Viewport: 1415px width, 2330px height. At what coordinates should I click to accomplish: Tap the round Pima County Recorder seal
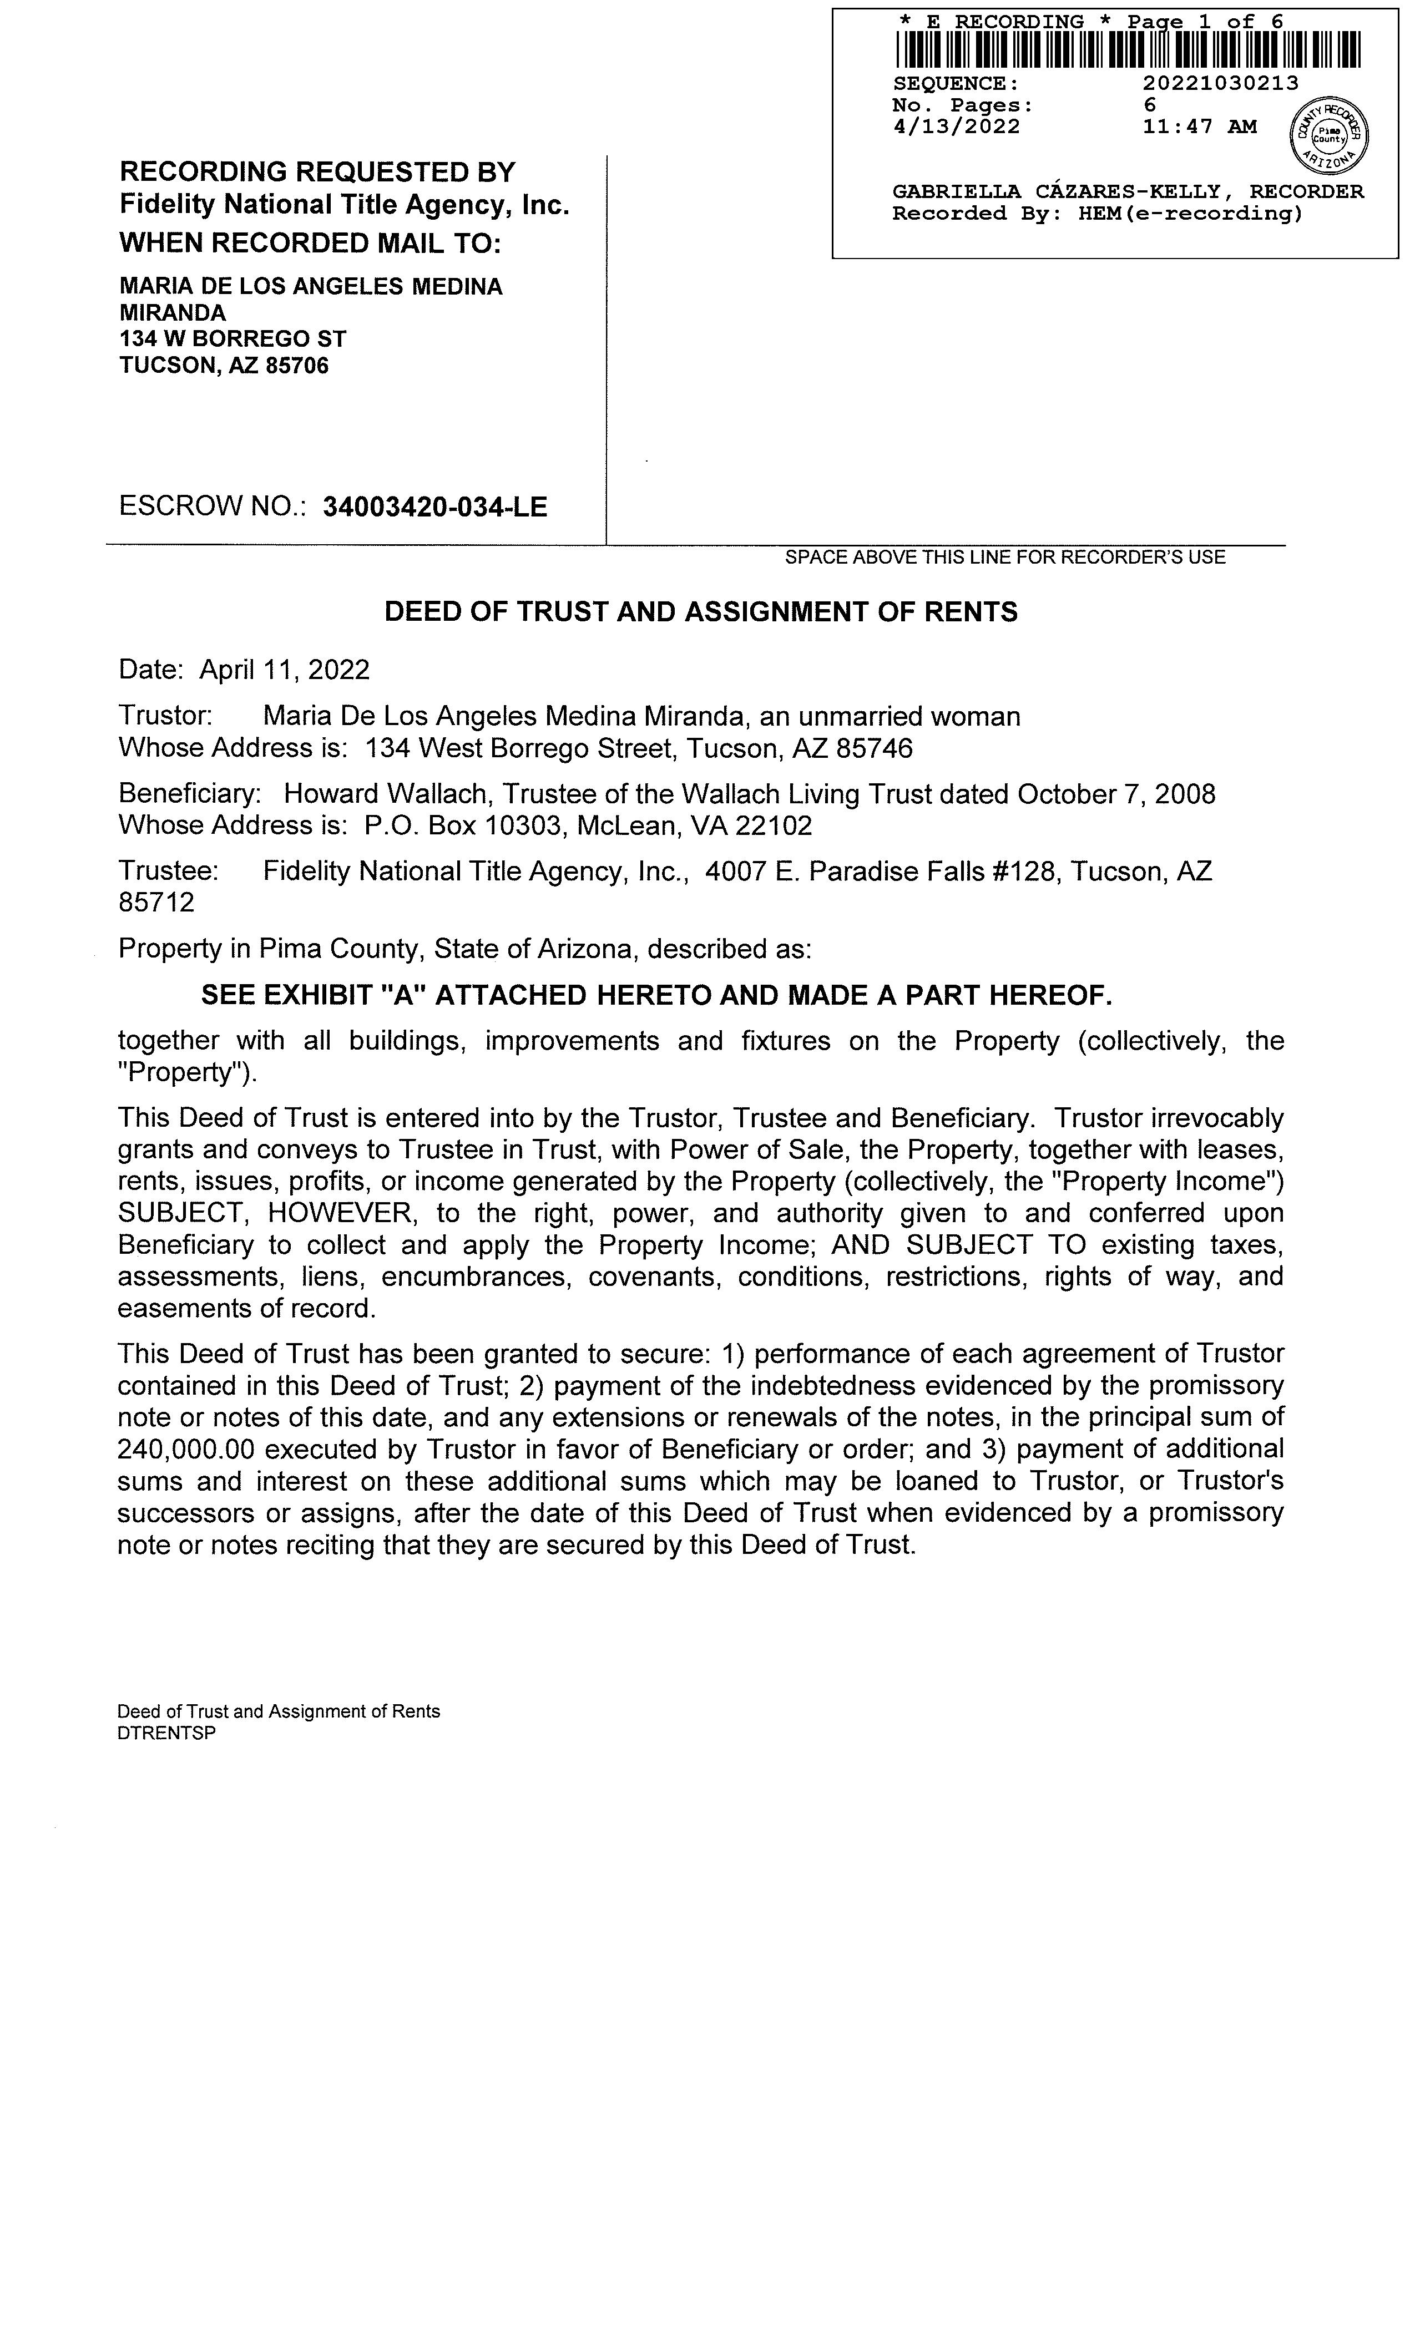[x=1329, y=133]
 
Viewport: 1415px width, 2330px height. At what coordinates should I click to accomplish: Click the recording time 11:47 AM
[x=1199, y=126]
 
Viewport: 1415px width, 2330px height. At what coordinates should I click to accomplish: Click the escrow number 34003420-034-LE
[x=435, y=508]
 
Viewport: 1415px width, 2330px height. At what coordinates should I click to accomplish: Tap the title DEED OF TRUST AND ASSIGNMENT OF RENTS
[x=701, y=613]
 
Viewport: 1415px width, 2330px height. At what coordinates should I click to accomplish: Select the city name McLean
[x=628, y=827]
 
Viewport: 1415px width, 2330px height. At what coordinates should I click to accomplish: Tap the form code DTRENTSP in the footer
[x=166, y=1733]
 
